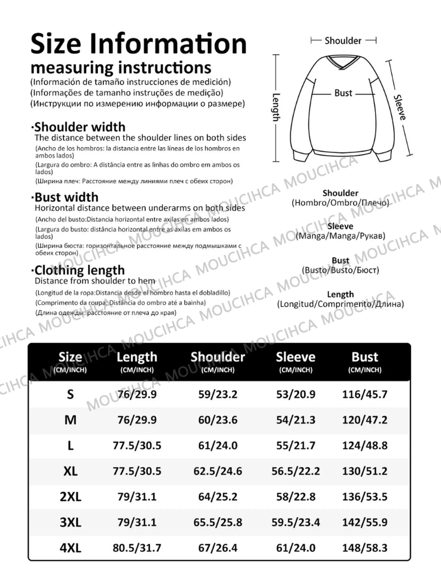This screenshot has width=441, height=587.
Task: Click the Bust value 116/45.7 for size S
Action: coord(365,394)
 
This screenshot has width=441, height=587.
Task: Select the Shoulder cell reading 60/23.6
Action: coord(218,420)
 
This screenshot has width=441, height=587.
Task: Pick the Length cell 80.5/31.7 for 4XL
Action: coord(137,548)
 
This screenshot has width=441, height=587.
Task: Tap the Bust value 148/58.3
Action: coord(365,548)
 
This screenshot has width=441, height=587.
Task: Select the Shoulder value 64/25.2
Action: coord(218,497)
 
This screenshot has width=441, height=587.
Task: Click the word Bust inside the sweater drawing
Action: coord(343,93)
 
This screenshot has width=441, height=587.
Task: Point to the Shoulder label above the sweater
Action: coord(343,41)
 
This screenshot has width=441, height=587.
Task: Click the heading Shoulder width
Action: coord(80,127)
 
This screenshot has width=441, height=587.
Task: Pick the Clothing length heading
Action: coord(79,270)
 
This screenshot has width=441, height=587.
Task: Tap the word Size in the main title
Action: coord(56,44)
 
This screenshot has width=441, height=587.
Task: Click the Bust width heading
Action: coord(66,197)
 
